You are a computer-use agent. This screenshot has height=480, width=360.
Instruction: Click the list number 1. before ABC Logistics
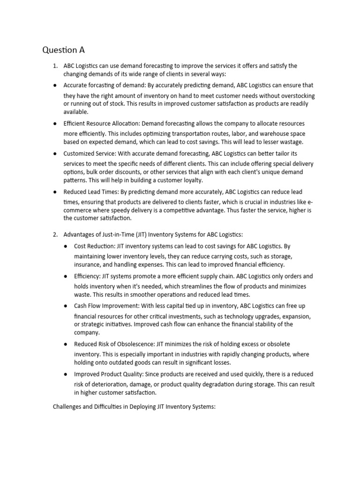pos(55,66)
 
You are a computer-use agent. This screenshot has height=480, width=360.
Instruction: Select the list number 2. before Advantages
pos(55,234)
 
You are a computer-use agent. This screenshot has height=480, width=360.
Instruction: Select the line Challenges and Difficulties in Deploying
pos(134,407)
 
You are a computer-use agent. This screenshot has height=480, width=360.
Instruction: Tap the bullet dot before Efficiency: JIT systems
pos(66,277)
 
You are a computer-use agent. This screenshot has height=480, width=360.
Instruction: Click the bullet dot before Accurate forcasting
pos(55,86)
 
